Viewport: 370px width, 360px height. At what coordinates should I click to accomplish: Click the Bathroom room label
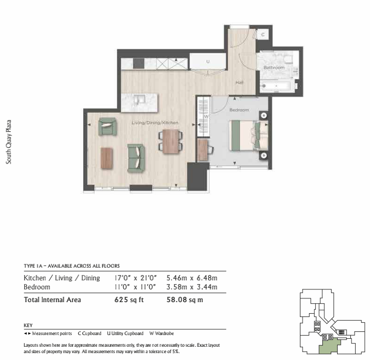274,67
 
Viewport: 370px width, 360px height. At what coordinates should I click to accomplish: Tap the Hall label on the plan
239,82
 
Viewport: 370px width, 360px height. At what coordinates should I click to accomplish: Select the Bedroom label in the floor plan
239,110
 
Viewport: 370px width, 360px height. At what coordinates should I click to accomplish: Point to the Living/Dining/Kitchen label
155,123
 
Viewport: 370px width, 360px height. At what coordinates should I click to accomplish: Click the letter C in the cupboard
263,35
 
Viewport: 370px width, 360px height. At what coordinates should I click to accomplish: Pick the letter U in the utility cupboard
208,62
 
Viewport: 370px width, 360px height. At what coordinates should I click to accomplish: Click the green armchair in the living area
108,126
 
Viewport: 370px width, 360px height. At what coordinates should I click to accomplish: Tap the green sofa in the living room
136,158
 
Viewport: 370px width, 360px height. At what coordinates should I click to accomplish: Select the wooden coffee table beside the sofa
107,158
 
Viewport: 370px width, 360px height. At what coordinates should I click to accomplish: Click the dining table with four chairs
170,141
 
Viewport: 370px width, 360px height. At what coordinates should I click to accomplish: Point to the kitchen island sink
139,100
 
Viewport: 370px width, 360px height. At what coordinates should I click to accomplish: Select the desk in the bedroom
202,150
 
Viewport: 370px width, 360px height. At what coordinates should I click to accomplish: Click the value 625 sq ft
129,299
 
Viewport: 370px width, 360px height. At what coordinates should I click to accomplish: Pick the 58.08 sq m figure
185,299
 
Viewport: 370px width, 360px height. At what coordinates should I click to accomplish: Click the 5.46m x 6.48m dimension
192,278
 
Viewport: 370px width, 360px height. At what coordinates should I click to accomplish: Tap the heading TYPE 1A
33,266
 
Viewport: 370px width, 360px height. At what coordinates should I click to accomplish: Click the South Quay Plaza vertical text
8,142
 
